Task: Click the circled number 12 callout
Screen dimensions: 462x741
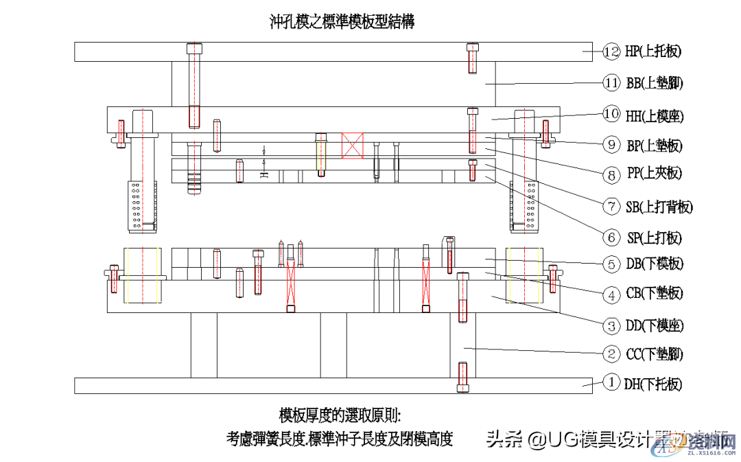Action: coord(612,51)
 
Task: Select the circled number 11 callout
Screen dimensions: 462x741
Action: coord(612,83)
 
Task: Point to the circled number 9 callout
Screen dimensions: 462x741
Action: coord(612,144)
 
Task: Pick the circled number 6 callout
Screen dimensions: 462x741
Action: coord(612,238)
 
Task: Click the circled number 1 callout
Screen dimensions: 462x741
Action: coord(612,382)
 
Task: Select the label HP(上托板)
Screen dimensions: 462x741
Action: coord(653,51)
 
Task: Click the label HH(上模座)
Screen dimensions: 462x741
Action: coord(655,115)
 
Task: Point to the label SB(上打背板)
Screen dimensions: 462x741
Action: coord(659,206)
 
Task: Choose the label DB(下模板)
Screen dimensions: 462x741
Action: coord(655,264)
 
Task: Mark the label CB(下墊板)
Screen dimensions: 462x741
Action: coord(655,294)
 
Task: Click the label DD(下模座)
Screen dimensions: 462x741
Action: coord(655,325)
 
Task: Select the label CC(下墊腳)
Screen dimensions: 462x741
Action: coord(655,354)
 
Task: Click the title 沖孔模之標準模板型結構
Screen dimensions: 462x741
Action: coord(342,21)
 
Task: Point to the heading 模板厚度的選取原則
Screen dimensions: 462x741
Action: coord(340,415)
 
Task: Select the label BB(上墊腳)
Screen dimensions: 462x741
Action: coord(655,83)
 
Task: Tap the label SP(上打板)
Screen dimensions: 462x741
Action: coord(655,238)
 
